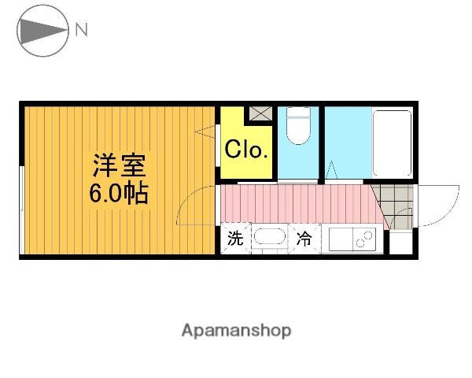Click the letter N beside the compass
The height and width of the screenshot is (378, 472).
coord(82,31)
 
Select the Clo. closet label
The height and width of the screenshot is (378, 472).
coord(247,150)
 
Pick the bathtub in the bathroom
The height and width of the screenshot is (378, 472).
coord(391,143)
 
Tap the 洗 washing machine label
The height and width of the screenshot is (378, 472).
coord(235,239)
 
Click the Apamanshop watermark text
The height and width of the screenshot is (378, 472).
coord(236,331)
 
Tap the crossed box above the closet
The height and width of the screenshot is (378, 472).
coord(259,113)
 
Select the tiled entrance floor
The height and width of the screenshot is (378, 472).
coord(391,206)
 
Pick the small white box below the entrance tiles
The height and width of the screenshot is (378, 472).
coord(400,243)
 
